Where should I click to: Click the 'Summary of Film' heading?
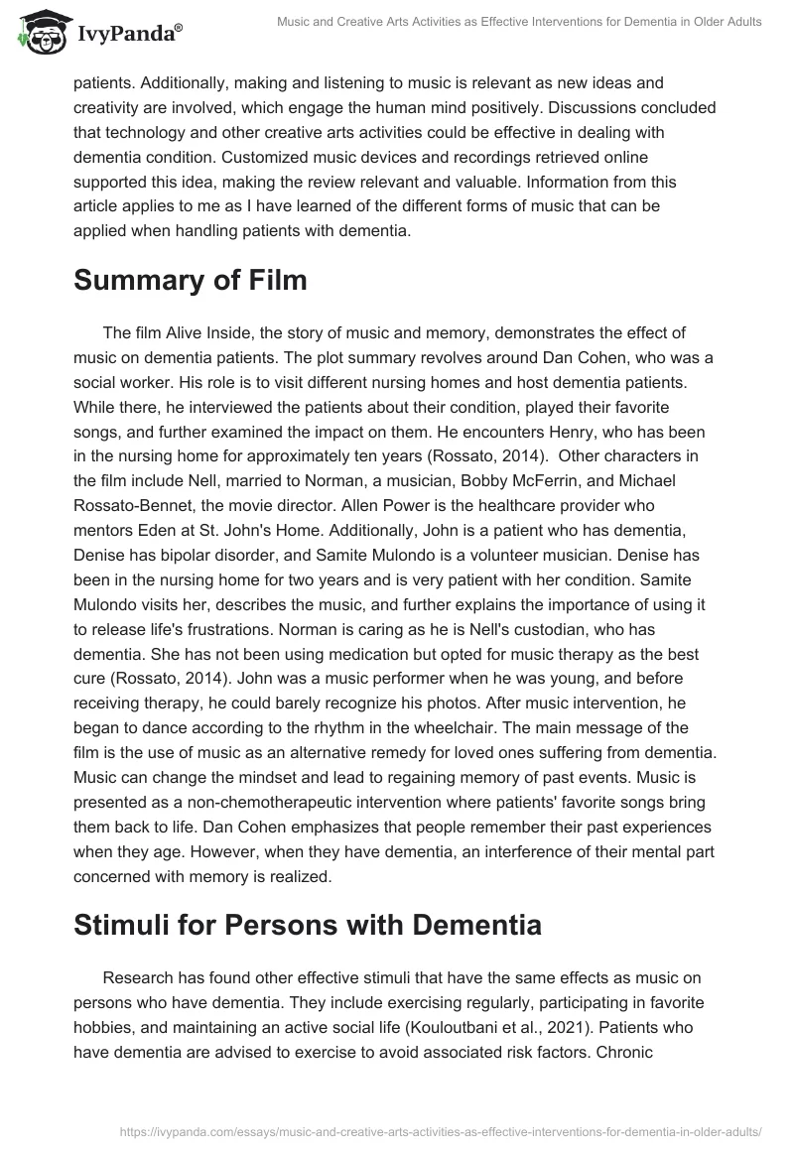point(191,281)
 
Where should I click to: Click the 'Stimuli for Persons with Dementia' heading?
point(308,926)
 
